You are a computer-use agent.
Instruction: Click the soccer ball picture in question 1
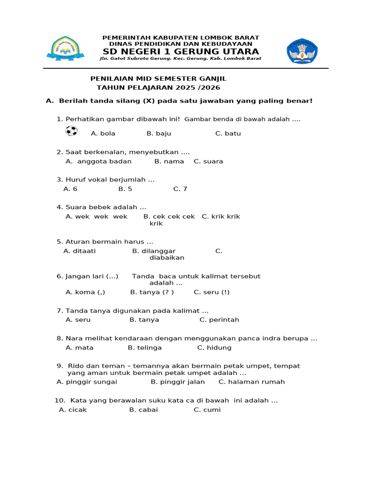[x=71, y=130]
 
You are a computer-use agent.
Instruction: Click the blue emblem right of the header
[x=302, y=51]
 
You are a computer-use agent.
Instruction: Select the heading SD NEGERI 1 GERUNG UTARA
[x=181, y=52]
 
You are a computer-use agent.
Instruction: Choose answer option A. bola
[x=103, y=134]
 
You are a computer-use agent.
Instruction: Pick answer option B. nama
[x=169, y=161]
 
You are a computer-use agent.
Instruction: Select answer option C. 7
[x=180, y=189]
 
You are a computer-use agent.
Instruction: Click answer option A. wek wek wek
[x=96, y=217]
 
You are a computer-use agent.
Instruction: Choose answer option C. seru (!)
[x=211, y=292]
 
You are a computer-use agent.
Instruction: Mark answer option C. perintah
[x=219, y=320]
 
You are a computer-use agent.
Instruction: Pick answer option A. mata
[x=80, y=348]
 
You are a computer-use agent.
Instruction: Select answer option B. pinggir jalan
[x=178, y=382]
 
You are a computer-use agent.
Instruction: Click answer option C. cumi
[x=207, y=410]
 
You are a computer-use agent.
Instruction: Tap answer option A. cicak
[x=73, y=410]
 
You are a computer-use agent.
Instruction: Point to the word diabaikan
[x=167, y=258]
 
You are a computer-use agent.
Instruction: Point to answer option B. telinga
[x=145, y=348]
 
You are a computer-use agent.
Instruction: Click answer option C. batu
[x=228, y=134]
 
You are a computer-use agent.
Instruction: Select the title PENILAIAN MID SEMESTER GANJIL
[x=159, y=78]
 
